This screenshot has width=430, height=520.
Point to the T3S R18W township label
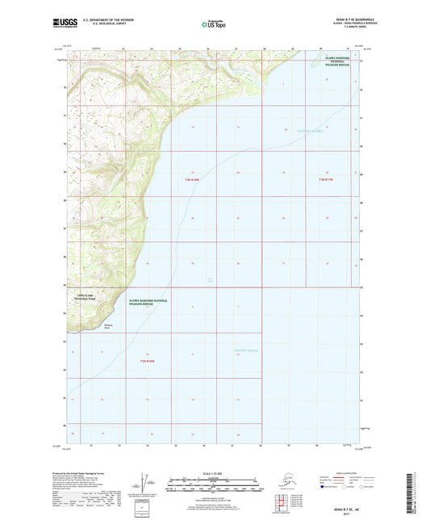click(147, 360)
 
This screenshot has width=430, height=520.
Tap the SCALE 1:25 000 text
click(214, 472)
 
